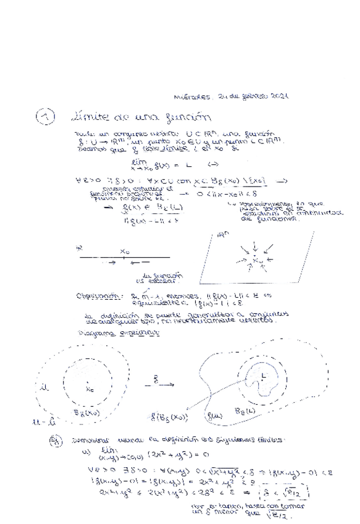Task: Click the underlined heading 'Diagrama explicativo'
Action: pos(119,333)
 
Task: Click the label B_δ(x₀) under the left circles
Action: pos(86,412)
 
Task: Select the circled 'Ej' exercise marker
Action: pos(56,441)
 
